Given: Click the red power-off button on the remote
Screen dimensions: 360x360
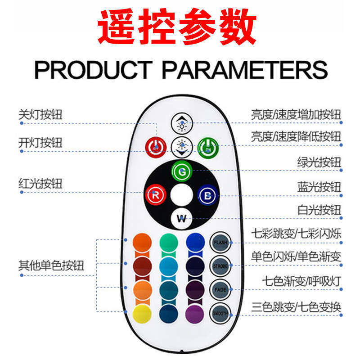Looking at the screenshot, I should click(156, 146).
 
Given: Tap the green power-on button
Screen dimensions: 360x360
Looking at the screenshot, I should click(208, 146).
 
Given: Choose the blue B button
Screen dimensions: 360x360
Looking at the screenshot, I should click(208, 195).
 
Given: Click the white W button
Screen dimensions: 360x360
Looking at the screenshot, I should click(182, 219).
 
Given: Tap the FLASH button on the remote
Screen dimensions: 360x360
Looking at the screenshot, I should click(220, 242).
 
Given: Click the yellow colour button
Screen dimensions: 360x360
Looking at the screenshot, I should click(142, 312).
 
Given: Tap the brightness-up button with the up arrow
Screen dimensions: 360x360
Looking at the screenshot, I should click(182, 123).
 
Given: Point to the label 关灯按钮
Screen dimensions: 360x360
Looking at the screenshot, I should click(40, 115).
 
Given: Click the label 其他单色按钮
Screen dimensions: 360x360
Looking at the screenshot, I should click(51, 265).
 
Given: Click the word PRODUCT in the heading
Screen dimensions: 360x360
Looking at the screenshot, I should click(93, 70).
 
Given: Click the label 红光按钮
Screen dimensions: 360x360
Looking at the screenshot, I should click(40, 184).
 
